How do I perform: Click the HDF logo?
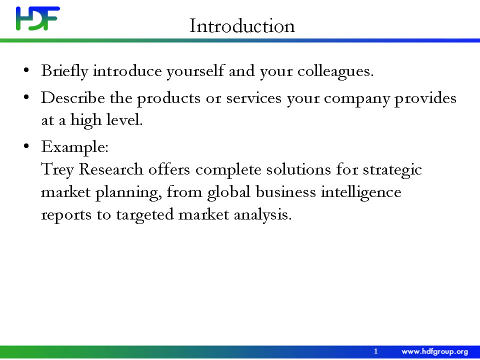tap(38, 18)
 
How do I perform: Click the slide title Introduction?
tap(242, 25)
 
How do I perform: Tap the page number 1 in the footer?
tap(376, 351)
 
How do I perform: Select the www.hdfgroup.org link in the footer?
tap(434, 351)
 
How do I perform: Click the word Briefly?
tap(64, 71)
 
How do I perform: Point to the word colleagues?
tap(335, 71)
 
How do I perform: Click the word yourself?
tap(195, 71)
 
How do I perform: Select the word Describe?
tap(73, 98)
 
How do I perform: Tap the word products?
tap(168, 98)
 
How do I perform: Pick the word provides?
tap(425, 98)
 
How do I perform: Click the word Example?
tap(74, 147)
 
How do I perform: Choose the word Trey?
tap(57, 170)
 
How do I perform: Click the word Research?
tap(111, 169)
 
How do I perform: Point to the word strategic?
tap(392, 170)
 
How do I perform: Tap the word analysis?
tap(262, 215)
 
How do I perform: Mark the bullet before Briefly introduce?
tap(26, 70)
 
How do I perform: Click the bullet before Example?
tap(26, 146)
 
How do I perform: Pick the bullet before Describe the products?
tap(26, 97)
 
